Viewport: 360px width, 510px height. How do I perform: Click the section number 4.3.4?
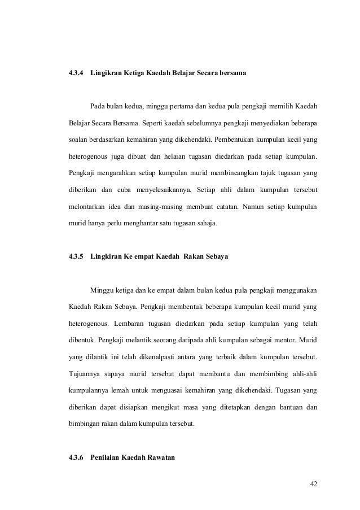click(x=75, y=74)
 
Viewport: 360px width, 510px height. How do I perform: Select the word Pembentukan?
click(x=243, y=138)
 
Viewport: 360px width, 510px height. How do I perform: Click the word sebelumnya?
click(x=201, y=123)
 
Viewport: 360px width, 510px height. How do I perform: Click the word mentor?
click(x=285, y=342)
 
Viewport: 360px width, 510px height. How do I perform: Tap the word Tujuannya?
click(x=87, y=373)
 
